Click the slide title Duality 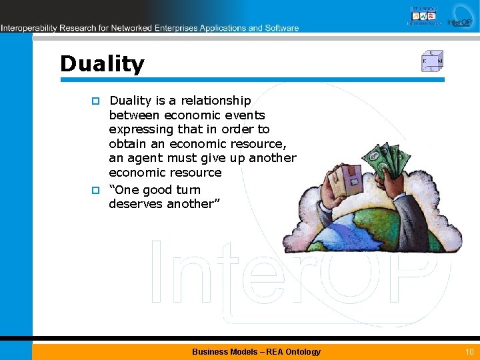point(102,64)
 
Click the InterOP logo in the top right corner point(459,17)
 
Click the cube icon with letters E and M point(432,61)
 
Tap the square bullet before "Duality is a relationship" point(95,101)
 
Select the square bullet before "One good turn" point(95,191)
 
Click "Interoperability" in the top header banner point(29,28)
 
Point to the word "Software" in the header point(282,28)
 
